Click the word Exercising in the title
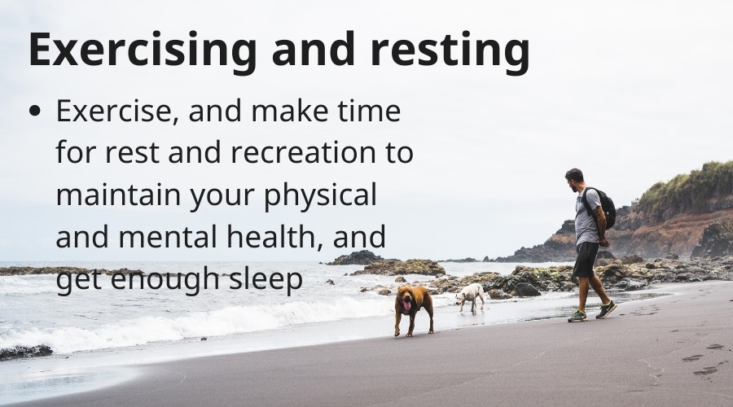143,50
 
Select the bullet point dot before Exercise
34,111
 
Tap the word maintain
118,194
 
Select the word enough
165,280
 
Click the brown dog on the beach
414,309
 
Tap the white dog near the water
470,296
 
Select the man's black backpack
604,207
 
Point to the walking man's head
574,179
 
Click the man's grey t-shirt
587,217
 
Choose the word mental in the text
167,236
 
